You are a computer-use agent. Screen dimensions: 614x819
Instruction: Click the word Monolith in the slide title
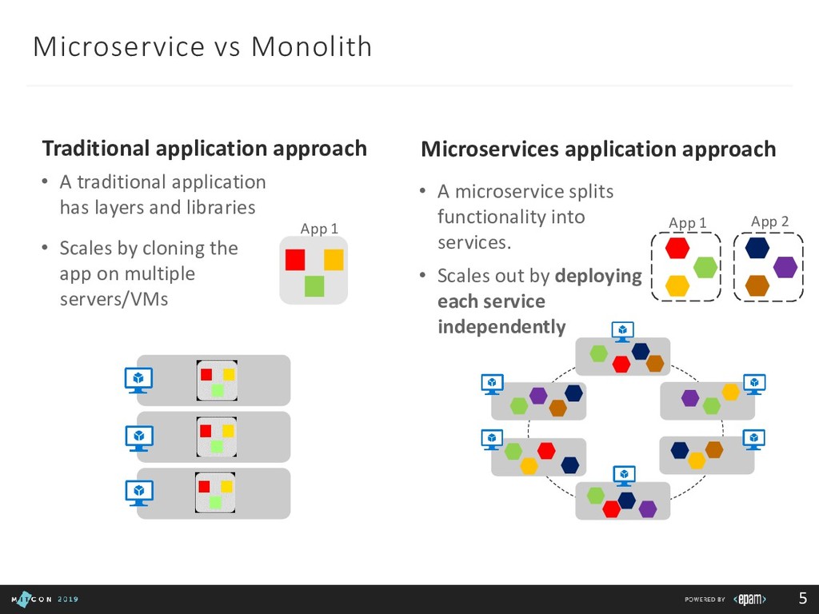[312, 47]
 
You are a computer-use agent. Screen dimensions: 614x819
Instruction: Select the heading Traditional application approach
[204, 149]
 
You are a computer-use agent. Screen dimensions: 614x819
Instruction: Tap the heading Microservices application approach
[597, 150]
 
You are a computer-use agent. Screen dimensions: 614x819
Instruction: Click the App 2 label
[770, 221]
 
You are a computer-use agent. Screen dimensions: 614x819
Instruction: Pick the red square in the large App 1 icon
[295, 259]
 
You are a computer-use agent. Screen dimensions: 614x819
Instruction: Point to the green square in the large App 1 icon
[314, 285]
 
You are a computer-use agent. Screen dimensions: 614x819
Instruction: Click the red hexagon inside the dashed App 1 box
[677, 248]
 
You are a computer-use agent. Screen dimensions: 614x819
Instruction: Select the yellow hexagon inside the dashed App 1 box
[677, 285]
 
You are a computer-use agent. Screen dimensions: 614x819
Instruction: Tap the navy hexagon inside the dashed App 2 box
[757, 248]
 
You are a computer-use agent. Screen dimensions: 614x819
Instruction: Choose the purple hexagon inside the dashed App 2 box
[785, 267]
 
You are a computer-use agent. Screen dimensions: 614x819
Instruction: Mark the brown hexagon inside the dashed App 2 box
[757, 285]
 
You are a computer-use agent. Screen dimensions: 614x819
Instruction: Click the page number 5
[802, 598]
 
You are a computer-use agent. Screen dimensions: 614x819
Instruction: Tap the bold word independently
[501, 327]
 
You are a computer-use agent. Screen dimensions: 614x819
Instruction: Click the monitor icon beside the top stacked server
[138, 379]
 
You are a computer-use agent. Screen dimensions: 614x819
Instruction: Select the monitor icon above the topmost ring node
[622, 330]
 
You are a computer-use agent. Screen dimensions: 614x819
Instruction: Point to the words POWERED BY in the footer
[705, 599]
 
